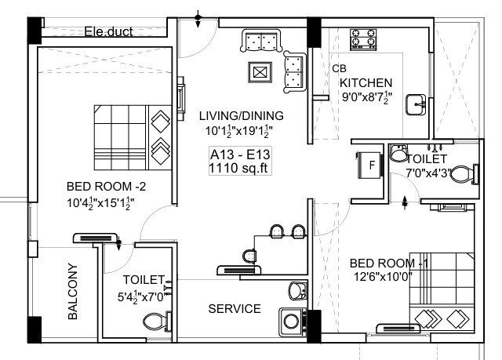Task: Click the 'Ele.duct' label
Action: [x=109, y=32]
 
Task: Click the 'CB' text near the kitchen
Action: [x=339, y=68]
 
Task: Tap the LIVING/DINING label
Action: [x=240, y=116]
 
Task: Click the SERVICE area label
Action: [x=235, y=309]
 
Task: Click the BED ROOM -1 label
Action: [x=388, y=263]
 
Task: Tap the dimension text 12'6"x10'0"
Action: [x=389, y=277]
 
